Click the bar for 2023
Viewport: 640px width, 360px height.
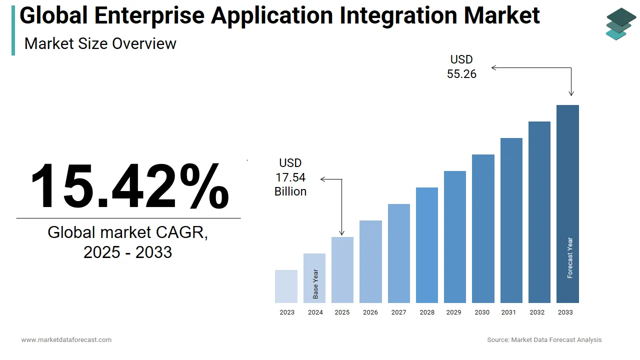point(286,286)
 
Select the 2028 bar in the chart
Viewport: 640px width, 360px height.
point(427,245)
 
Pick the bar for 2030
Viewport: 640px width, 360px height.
point(483,228)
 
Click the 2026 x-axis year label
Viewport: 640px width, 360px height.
point(370,312)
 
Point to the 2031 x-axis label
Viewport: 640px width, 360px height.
point(508,312)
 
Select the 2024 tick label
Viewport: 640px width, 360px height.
point(315,312)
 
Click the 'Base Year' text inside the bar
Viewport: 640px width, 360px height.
point(315,284)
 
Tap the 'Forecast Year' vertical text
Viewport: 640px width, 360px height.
point(570,257)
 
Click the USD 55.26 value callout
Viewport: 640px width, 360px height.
point(461,67)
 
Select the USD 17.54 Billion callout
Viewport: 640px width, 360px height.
point(290,177)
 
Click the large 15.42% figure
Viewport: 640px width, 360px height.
point(129,186)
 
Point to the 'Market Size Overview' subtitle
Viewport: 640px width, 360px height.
point(100,43)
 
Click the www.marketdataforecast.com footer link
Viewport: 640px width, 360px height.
point(66,340)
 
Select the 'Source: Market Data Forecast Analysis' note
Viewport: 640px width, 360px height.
point(544,340)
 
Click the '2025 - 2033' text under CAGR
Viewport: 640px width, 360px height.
point(127,252)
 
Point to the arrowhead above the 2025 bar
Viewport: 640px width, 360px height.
point(342,232)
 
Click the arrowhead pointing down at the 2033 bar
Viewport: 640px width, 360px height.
point(571,93)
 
